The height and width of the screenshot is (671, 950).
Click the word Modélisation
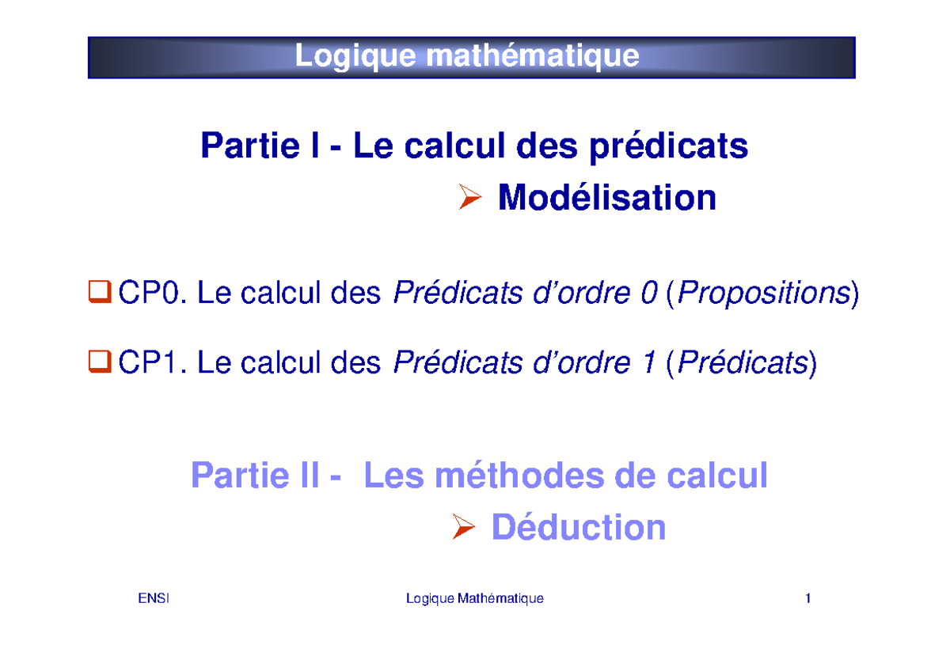pos(607,198)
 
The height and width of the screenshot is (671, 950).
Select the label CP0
pos(151,295)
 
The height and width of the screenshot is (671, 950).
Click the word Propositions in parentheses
pos(762,295)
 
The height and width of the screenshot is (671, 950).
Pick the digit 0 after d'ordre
pos(648,295)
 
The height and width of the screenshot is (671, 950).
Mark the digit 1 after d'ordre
pos(648,364)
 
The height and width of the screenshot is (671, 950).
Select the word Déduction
pos(578,528)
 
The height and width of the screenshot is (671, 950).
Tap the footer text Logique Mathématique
pos(474,599)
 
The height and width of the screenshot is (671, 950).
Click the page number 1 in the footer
pos(807,599)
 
